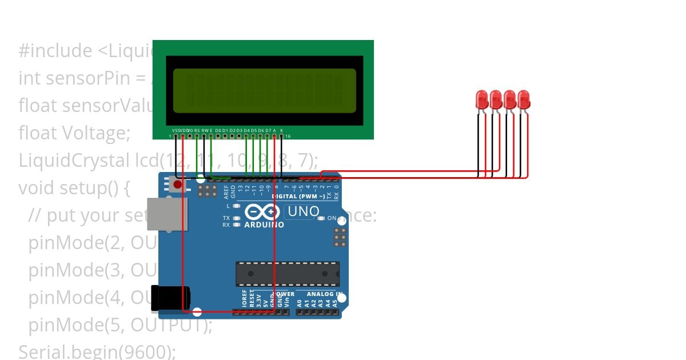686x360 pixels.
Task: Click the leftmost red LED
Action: (x=482, y=99)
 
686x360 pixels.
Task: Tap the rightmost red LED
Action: (x=524, y=99)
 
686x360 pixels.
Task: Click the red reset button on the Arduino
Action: (x=177, y=185)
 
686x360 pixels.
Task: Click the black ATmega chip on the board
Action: (x=288, y=274)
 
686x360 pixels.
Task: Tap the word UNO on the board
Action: (x=303, y=211)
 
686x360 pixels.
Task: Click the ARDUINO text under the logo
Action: (x=264, y=225)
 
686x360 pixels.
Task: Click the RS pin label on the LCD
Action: (x=197, y=131)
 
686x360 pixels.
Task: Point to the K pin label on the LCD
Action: (x=281, y=131)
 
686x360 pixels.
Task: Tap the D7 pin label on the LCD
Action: (x=268, y=131)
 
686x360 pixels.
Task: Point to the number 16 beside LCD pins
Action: (x=288, y=136)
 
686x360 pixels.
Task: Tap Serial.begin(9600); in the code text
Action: (x=97, y=351)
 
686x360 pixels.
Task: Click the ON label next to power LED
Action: (x=332, y=218)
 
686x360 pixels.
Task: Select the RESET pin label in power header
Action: (x=251, y=301)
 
